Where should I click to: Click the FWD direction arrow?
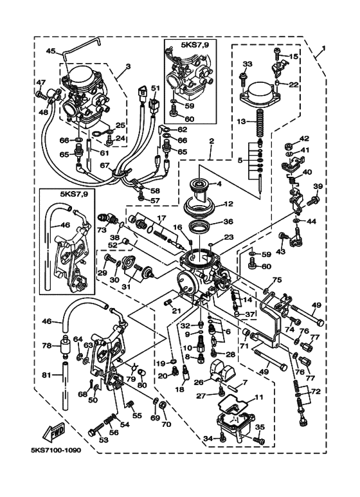[x=54, y=432]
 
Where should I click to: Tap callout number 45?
[x=51, y=51]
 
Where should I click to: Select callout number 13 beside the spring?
[x=242, y=122]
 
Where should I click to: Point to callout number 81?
[x=47, y=375]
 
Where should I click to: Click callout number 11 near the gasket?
[x=259, y=397]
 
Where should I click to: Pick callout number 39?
[x=318, y=186]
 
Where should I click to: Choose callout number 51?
[x=154, y=88]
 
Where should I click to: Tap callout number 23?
[x=228, y=237]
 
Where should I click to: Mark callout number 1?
[x=323, y=48]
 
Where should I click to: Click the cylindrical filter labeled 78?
[x=66, y=346]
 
